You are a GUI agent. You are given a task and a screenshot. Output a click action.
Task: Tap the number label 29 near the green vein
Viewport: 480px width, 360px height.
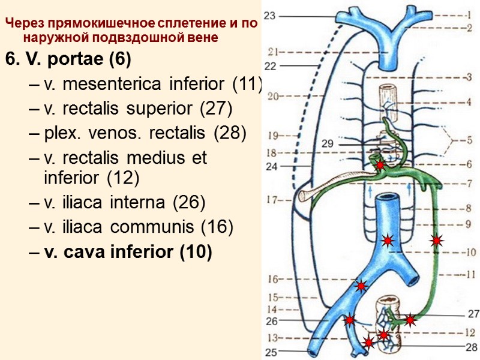pos(327,144)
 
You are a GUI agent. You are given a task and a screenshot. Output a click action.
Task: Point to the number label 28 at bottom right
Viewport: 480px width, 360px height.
pos(472,347)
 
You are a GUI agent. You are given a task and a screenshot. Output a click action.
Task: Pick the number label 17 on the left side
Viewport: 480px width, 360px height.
pos(274,200)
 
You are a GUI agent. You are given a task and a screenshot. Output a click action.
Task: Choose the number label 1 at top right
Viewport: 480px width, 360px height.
pos(469,17)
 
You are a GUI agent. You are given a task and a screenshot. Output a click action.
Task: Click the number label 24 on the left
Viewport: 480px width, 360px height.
pos(271,167)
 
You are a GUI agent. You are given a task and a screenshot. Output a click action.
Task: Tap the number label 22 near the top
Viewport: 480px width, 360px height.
pos(270,65)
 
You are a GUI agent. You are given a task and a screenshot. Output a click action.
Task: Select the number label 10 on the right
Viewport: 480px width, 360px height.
pos(469,253)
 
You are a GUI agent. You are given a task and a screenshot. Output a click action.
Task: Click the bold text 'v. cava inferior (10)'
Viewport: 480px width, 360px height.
pos(128,253)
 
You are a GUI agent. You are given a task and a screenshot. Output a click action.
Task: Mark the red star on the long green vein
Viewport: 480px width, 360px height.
pos(437,241)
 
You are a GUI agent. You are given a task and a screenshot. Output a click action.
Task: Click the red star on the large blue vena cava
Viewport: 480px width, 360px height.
pos(388,241)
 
